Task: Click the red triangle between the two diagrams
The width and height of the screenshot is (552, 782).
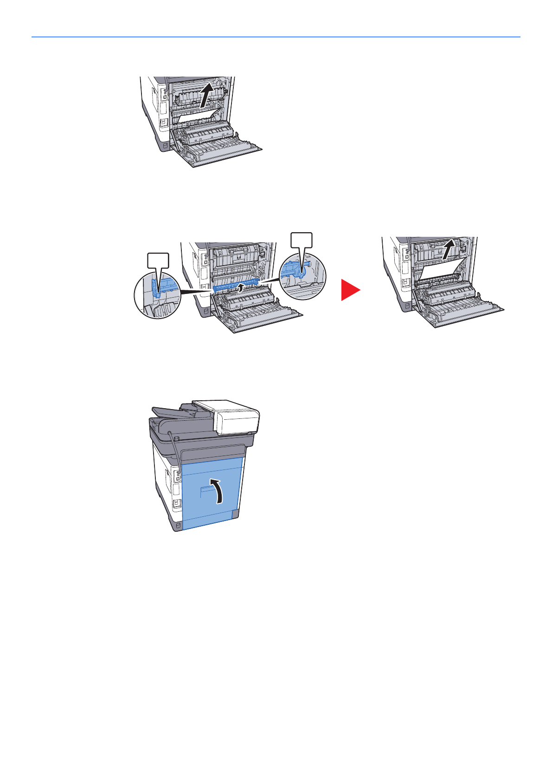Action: [349, 290]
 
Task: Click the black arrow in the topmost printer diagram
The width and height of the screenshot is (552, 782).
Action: [207, 94]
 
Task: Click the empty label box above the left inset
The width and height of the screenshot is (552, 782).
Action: [158, 260]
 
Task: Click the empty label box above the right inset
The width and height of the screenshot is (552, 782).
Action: [302, 240]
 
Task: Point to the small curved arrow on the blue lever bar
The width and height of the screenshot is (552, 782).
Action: [239, 288]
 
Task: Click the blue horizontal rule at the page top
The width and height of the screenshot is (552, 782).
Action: [276, 37]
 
